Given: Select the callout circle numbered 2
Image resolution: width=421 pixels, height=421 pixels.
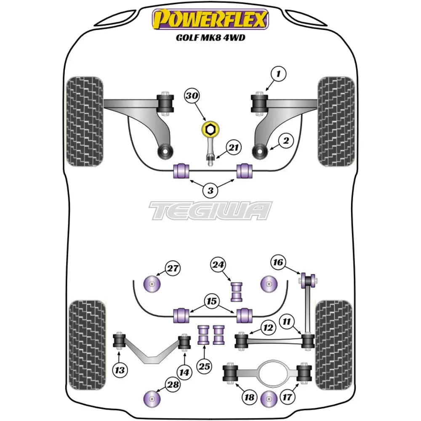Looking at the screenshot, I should point(286,141).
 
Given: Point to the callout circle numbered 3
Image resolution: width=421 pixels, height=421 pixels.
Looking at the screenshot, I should point(210,190).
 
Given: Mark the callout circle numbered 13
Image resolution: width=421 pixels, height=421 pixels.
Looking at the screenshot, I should point(120,370).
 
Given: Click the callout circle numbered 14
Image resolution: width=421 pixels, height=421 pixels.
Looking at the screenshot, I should point(184,372).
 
